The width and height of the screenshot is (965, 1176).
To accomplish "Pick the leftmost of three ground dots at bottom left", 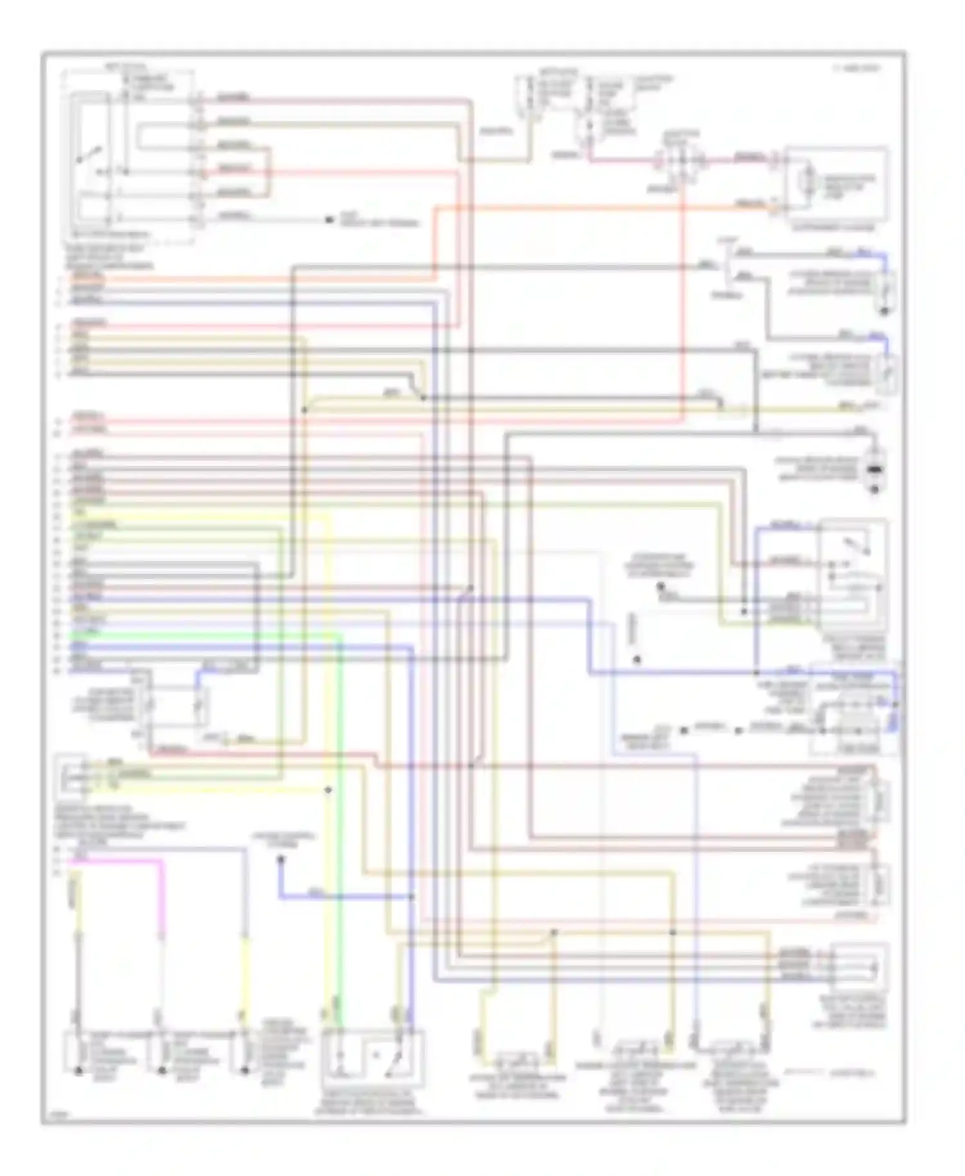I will [x=78, y=1071].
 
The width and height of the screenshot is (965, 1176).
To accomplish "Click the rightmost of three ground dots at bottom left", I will [x=244, y=1071].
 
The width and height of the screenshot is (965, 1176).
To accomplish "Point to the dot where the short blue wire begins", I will [x=280, y=859].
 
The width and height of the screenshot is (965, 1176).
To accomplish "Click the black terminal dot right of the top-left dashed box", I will [x=329, y=221].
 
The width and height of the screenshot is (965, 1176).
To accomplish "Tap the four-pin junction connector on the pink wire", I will [x=681, y=161].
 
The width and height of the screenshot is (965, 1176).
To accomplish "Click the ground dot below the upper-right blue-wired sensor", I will [x=884, y=311].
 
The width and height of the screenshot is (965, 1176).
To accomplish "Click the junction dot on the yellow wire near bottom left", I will [x=328, y=789].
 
